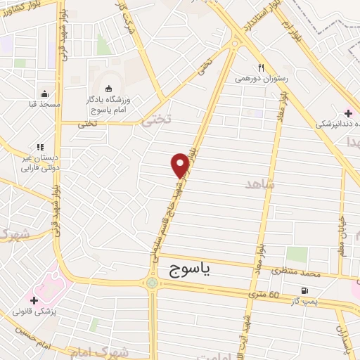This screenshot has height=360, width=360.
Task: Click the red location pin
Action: (181, 165)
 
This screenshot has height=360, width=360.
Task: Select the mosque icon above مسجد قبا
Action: (44, 94)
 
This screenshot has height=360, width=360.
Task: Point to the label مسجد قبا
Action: (44, 105)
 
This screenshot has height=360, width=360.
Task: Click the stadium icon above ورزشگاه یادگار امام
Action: (108, 88)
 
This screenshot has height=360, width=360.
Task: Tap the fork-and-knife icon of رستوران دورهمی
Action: (261, 68)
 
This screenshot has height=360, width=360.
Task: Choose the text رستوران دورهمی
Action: (261, 79)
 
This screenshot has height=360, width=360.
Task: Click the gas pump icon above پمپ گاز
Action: (304, 290)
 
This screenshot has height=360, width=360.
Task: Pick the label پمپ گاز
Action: (304, 301)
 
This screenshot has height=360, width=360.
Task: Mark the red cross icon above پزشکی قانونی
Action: (34, 300)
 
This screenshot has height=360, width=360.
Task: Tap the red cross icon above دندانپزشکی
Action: (348, 113)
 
